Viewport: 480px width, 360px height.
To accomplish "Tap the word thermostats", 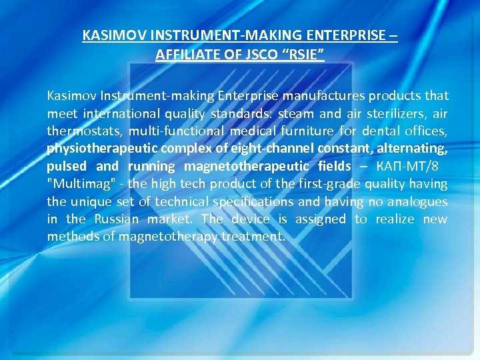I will [85, 131].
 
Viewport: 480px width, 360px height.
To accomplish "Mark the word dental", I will [379, 131].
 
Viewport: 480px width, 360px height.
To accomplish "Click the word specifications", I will [257, 201].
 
